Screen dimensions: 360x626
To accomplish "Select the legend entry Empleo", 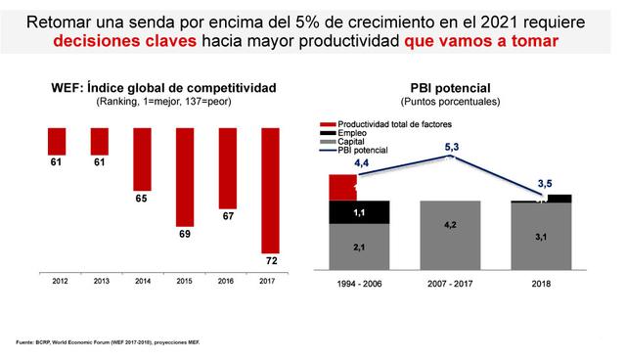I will click(352, 133).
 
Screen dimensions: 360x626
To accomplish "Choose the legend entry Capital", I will click(353, 142).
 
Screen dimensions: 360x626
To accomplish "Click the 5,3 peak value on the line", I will click(451, 147).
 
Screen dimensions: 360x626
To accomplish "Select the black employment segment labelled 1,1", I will click(359, 212).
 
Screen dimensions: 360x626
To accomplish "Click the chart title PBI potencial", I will click(451, 87).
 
